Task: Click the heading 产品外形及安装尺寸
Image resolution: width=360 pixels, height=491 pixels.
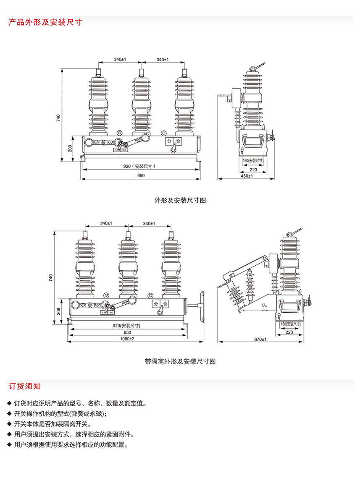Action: [x=45, y=23]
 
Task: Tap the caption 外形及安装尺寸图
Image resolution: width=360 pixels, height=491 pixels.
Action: [x=180, y=201]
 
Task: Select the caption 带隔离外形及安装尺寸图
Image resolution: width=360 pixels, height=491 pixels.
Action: [x=180, y=361]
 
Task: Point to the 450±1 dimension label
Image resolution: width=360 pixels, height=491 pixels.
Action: [x=247, y=176]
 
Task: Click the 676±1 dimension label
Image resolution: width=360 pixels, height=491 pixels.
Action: [x=260, y=339]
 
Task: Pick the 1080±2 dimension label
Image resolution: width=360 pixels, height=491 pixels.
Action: [x=127, y=339]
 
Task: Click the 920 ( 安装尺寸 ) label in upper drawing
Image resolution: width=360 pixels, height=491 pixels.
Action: [x=139, y=166]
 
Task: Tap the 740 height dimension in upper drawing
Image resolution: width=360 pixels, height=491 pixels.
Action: [x=59, y=119]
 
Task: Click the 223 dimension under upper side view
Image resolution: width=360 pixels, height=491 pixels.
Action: [x=253, y=169]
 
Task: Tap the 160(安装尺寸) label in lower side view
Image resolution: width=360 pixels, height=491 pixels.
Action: [x=290, y=324]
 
